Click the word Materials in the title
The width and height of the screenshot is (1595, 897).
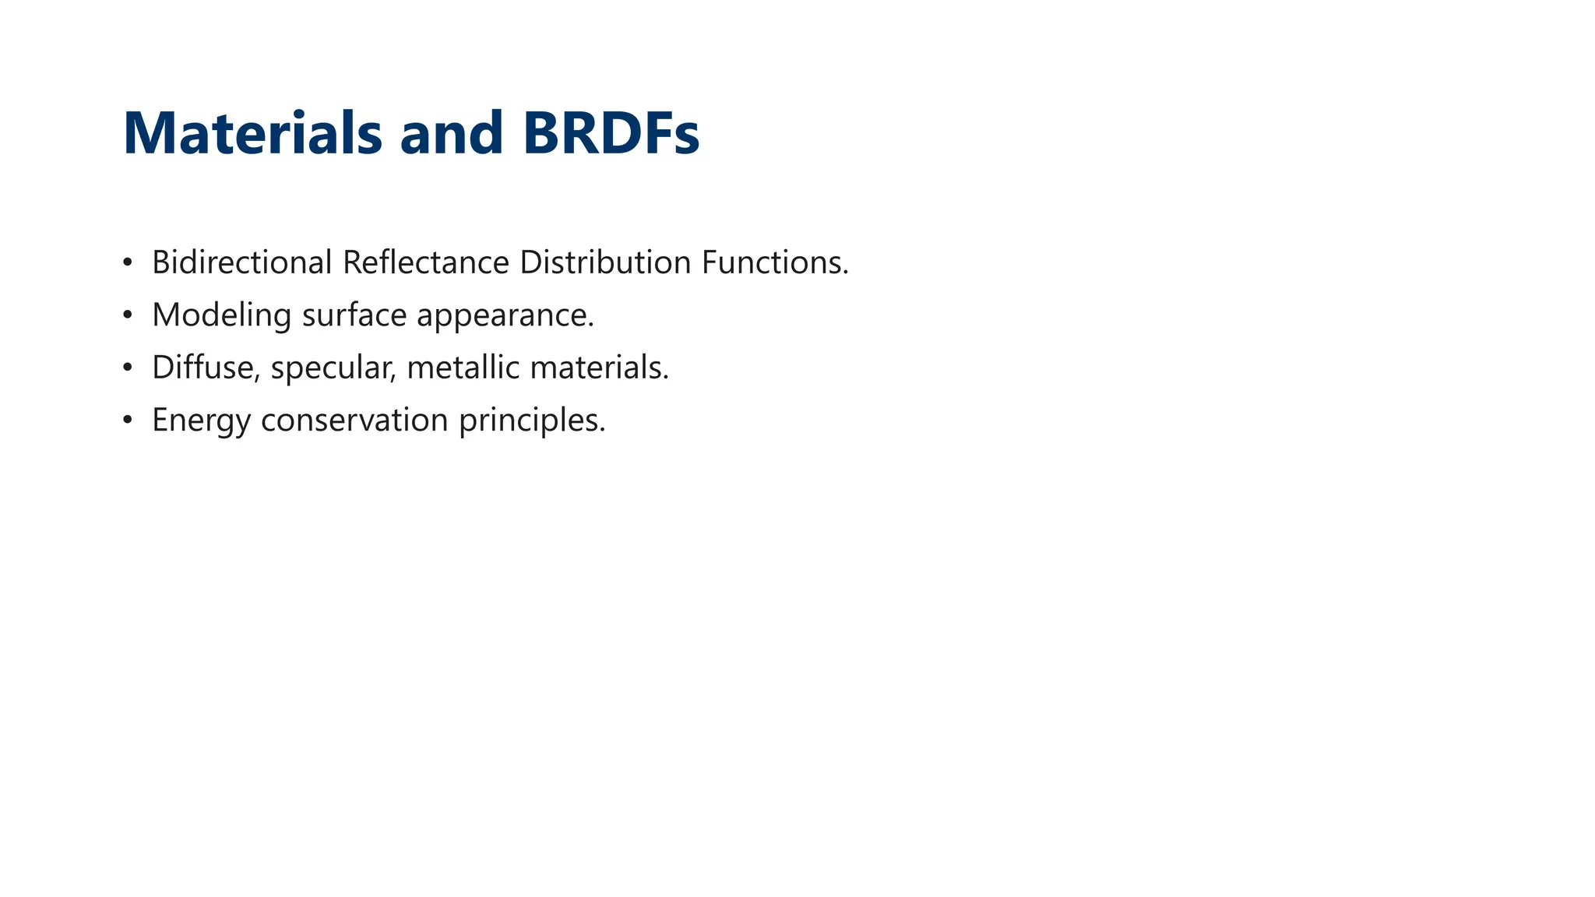tap(252, 133)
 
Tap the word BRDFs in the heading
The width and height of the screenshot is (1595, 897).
tap(611, 133)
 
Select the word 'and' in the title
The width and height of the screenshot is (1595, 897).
tap(452, 133)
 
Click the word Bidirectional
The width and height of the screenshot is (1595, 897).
tap(242, 262)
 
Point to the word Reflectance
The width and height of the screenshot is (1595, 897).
tap(426, 262)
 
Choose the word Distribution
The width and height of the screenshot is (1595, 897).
tap(605, 262)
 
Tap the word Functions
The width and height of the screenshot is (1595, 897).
tap(774, 262)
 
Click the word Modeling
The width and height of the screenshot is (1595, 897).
tap(221, 315)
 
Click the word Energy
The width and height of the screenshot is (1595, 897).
tap(201, 421)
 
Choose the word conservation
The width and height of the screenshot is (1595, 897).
tap(354, 420)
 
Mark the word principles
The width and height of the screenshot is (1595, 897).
tap(531, 421)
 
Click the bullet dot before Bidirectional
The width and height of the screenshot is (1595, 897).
tap(128, 262)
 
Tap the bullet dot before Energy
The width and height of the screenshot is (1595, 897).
tap(128, 420)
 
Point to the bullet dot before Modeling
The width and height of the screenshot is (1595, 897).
tap(128, 315)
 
